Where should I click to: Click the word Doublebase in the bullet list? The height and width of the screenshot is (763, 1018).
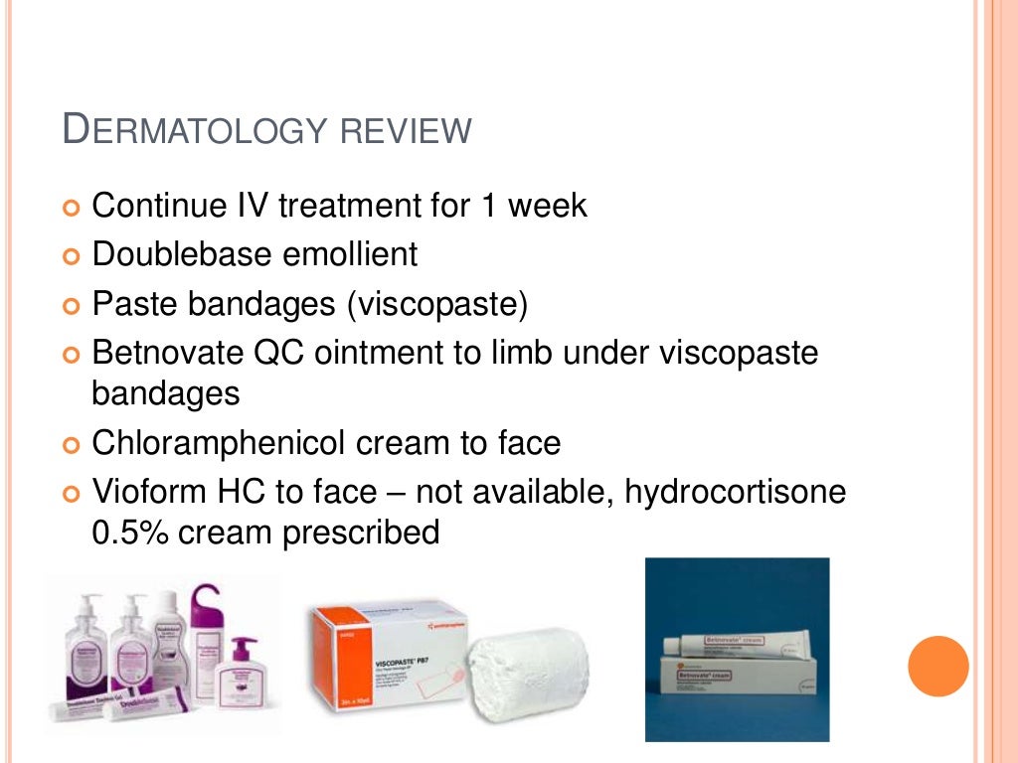(179, 254)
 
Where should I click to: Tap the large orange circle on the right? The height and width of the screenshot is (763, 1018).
(937, 666)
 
